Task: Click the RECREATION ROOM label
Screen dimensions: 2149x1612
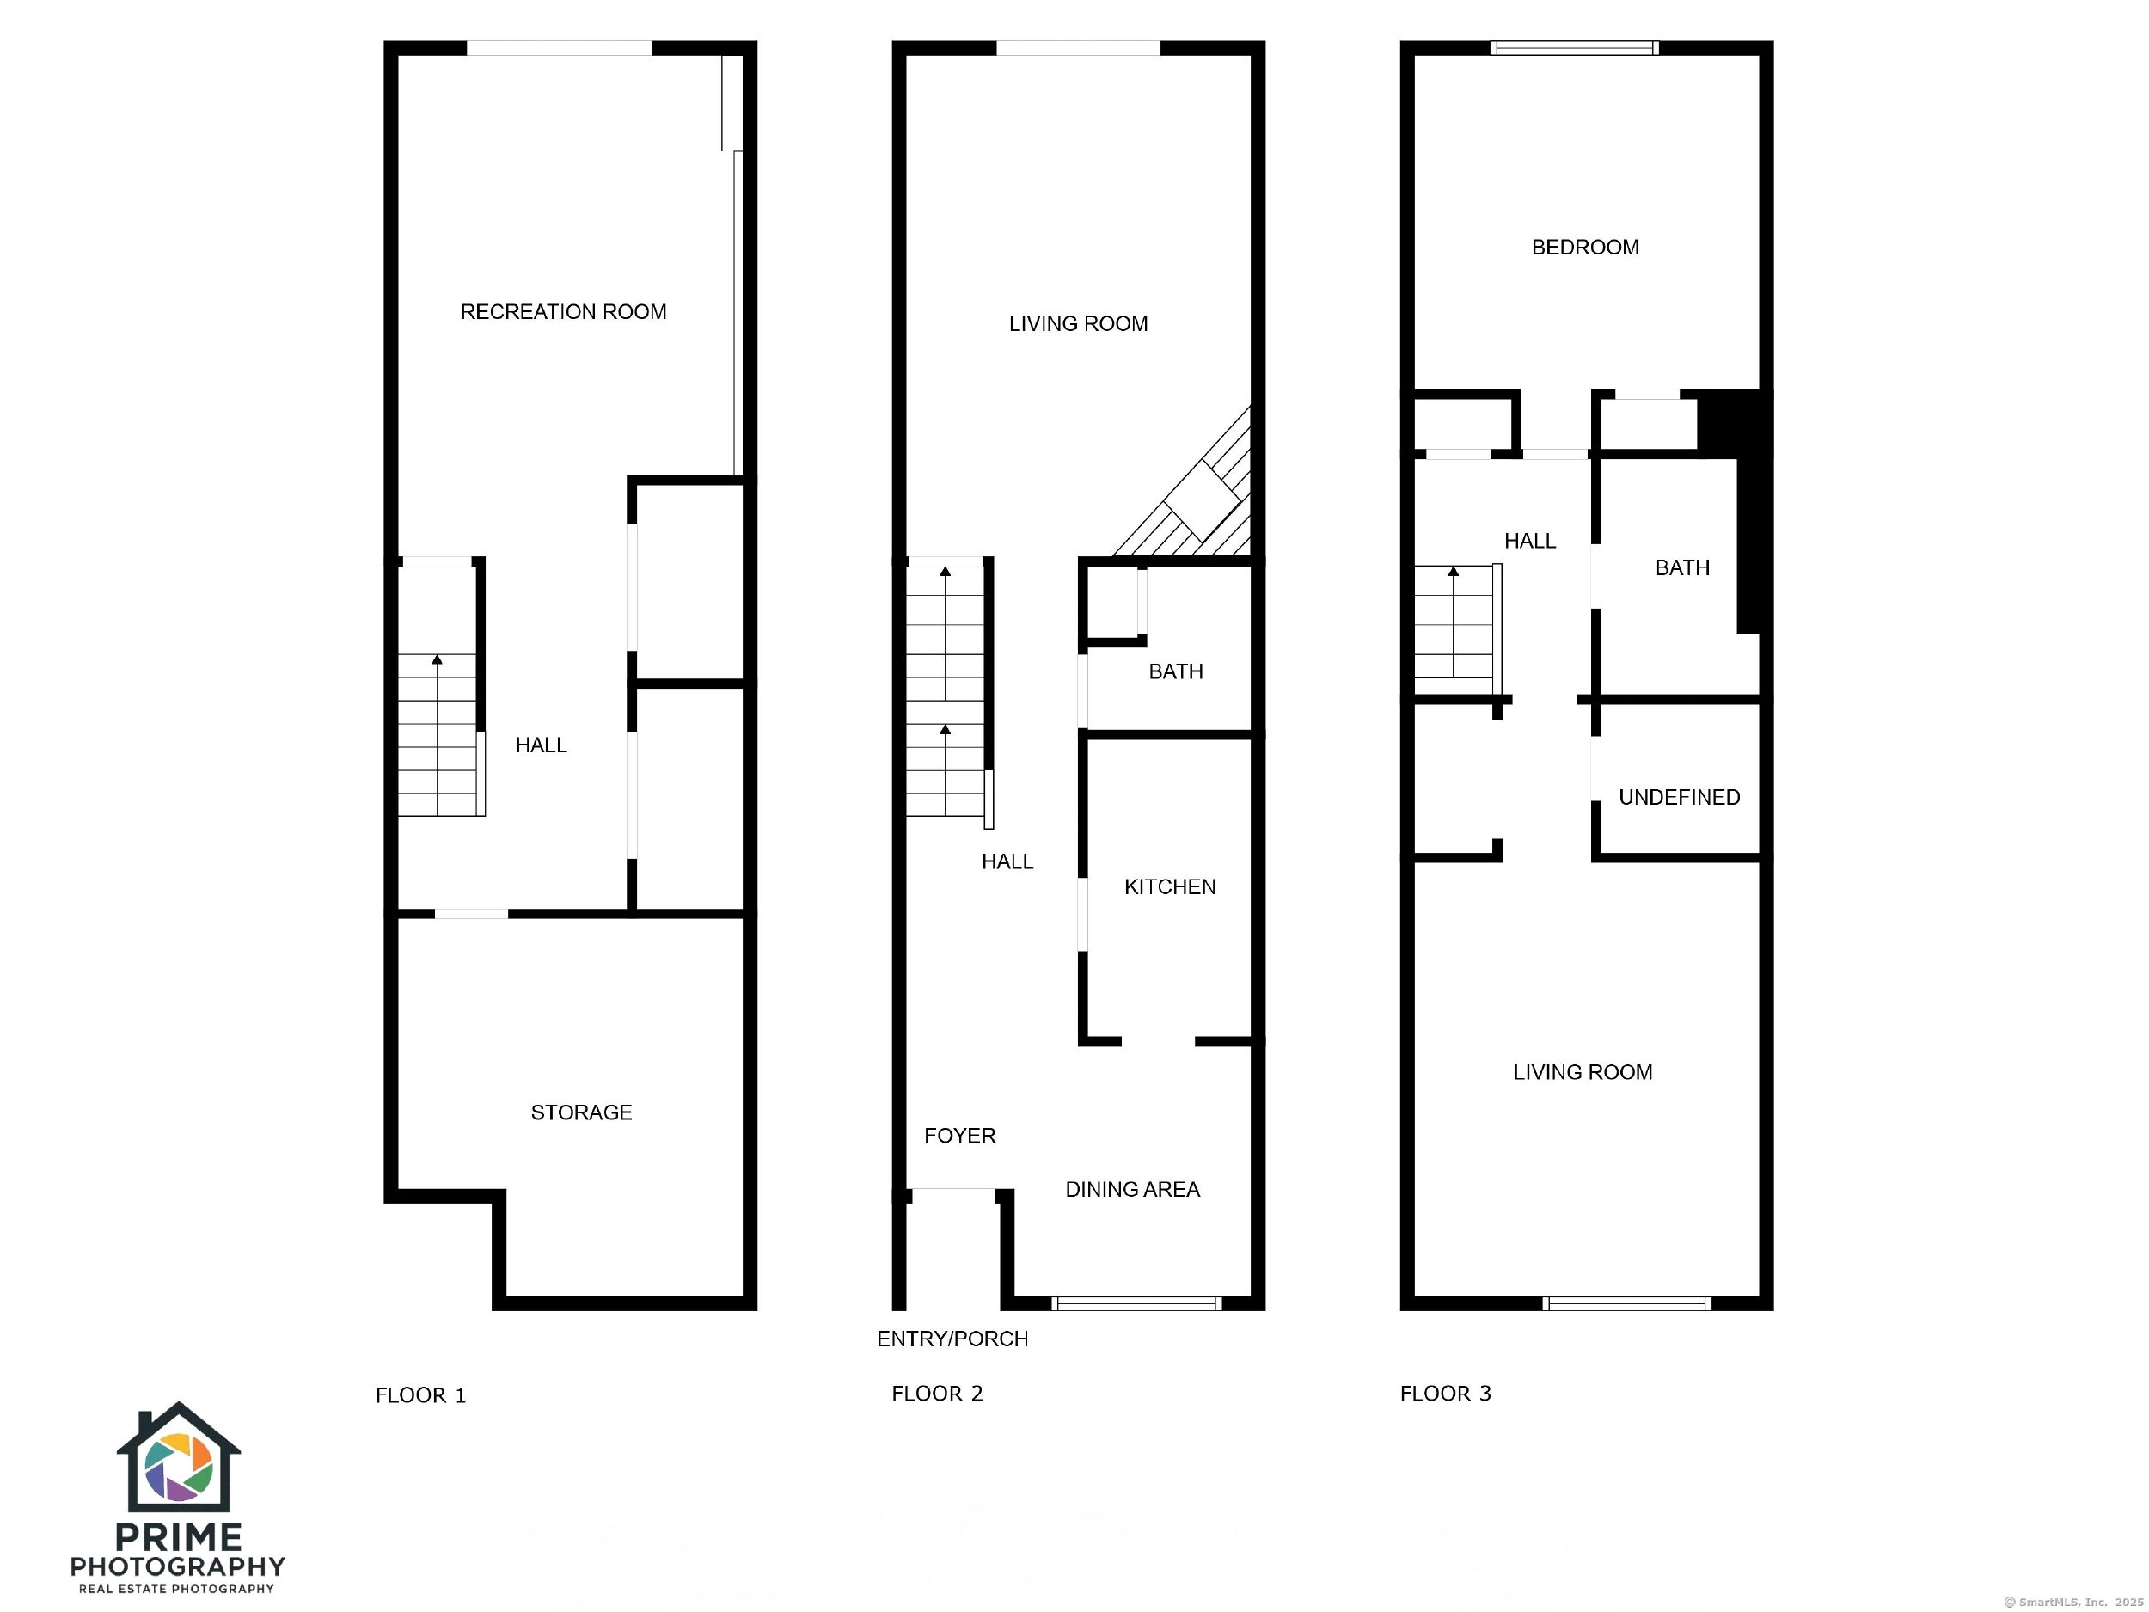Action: coord(564,312)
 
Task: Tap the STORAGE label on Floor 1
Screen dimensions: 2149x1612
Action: coord(581,1112)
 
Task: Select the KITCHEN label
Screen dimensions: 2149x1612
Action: coord(1170,886)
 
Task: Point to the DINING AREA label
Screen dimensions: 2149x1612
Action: coord(1133,1189)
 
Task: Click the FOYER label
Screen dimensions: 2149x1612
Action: coord(960,1136)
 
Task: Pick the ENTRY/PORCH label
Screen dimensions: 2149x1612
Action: coord(952,1339)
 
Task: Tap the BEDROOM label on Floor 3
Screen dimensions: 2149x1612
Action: coord(1585,248)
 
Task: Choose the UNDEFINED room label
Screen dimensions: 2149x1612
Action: coord(1679,798)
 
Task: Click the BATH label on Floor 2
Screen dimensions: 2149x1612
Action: coord(1176,671)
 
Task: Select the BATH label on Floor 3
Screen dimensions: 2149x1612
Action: coord(1683,567)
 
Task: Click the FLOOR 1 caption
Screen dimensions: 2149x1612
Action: coord(420,1395)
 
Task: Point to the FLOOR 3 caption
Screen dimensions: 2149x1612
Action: coord(1445,1394)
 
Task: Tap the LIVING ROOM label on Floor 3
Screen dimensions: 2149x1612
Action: coord(1583,1072)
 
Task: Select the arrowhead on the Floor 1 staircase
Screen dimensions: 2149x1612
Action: coord(438,659)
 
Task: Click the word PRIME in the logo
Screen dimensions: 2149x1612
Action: coord(179,1537)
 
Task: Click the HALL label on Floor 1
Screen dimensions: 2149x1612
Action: coord(542,745)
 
